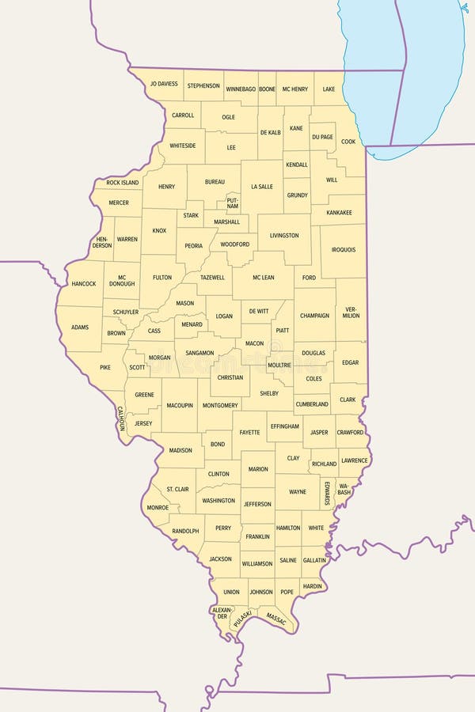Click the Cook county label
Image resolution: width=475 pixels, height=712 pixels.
[348, 142]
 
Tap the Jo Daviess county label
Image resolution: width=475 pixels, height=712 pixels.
[164, 84]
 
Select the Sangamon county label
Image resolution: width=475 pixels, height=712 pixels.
[199, 353]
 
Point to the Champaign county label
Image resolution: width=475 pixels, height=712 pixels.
[314, 316]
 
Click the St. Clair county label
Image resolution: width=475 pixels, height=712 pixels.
[177, 490]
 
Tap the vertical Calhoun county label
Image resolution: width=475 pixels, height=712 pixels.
[122, 418]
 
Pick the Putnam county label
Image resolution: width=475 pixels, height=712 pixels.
[232, 203]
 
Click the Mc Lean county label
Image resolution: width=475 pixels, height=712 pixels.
[263, 278]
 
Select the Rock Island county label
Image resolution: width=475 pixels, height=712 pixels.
[123, 183]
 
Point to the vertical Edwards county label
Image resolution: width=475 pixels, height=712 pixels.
[327, 492]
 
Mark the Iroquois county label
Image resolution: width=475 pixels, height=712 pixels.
[344, 250]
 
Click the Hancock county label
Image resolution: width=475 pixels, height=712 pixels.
[83, 283]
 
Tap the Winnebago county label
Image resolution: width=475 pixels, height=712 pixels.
[241, 89]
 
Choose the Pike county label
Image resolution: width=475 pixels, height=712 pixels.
[105, 368]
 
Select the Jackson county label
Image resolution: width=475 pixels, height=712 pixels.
[220, 559]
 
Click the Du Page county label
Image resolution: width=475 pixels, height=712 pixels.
[322, 137]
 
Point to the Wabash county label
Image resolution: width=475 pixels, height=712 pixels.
[344, 487]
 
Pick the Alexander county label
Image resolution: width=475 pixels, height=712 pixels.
[222, 613]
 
